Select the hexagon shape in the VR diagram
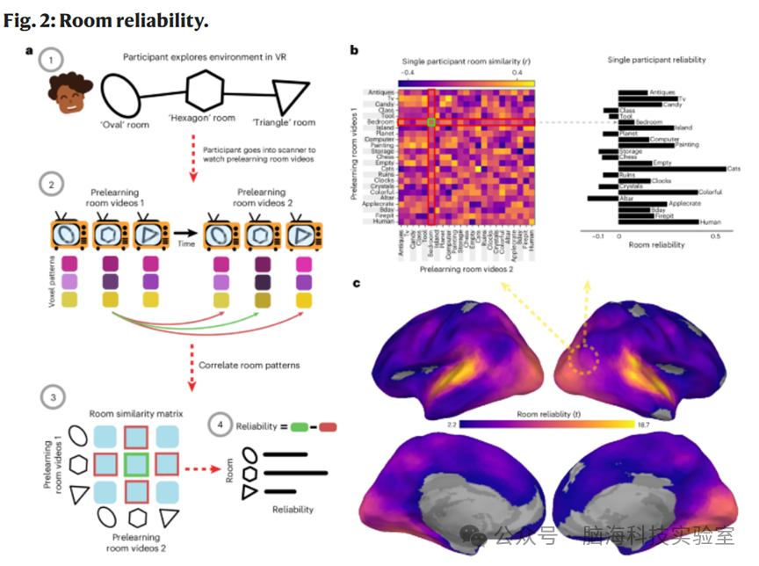pyautogui.click(x=206, y=92)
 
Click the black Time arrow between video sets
pyautogui.click(x=185, y=235)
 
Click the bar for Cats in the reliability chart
pyautogui.click(x=672, y=168)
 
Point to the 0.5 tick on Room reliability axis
pyautogui.click(x=716, y=236)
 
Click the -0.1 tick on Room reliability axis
pyautogui.click(x=598, y=236)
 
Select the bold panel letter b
pyautogui.click(x=354, y=50)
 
